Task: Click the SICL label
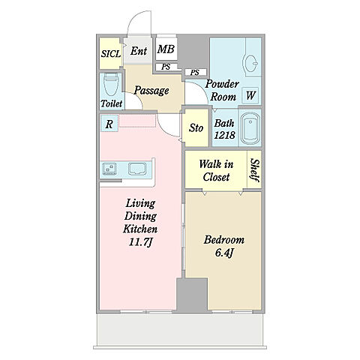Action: coord(111,54)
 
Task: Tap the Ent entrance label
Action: coord(139,51)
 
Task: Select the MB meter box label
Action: coord(166,49)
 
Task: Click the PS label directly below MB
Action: coord(166,67)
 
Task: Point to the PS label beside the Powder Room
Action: coord(195,73)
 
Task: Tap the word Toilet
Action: coord(112,103)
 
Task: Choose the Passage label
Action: coord(151,91)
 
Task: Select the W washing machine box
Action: coord(250,95)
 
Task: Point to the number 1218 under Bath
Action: coord(225,135)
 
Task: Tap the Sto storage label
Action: coord(196,127)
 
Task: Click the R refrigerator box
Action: coord(109,124)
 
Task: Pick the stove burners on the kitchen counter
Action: coord(109,169)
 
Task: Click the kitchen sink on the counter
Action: coord(137,169)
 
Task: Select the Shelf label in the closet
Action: coord(255,170)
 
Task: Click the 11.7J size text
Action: coord(140,241)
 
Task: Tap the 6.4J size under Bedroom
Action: coord(224,253)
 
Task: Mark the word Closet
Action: coord(216,177)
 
